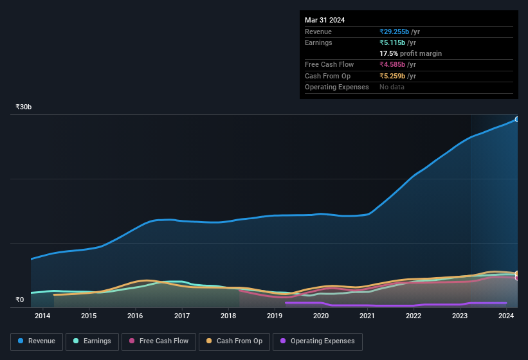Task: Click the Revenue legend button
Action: coord(37,341)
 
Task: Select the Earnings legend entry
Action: coord(92,341)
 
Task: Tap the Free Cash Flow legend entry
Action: coord(159,341)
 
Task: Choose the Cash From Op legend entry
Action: coord(234,341)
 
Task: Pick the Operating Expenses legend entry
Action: coord(317,341)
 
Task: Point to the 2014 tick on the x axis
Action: coord(42,316)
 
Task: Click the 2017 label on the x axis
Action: coord(181,316)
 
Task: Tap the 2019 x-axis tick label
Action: coord(275,316)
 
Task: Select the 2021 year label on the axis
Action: coord(367,316)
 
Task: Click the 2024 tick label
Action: coord(506,316)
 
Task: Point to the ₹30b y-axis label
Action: coord(24,107)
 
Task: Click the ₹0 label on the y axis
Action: coord(19,300)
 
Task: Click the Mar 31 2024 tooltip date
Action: coord(325,20)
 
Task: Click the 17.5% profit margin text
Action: coord(410,53)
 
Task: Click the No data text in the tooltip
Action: coord(392,87)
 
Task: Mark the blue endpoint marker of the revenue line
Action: coord(517,120)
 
